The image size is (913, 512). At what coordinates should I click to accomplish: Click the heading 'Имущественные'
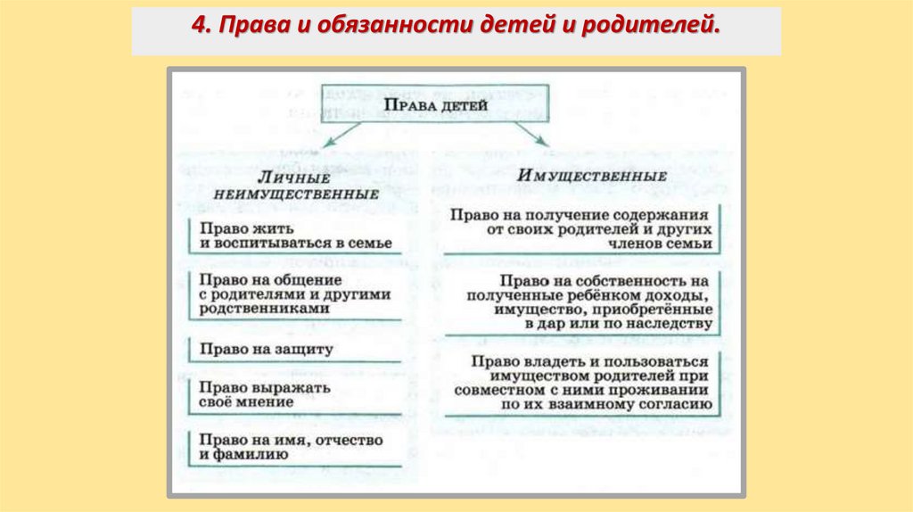pos(591,175)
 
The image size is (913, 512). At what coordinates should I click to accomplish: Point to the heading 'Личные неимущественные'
pos(295,186)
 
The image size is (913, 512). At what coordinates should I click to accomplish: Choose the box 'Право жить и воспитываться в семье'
pos(295,235)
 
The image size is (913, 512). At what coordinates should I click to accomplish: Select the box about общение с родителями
pos(295,293)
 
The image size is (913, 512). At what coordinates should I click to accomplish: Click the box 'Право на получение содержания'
pos(580,229)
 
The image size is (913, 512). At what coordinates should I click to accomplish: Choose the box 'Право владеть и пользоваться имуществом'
pos(580,384)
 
